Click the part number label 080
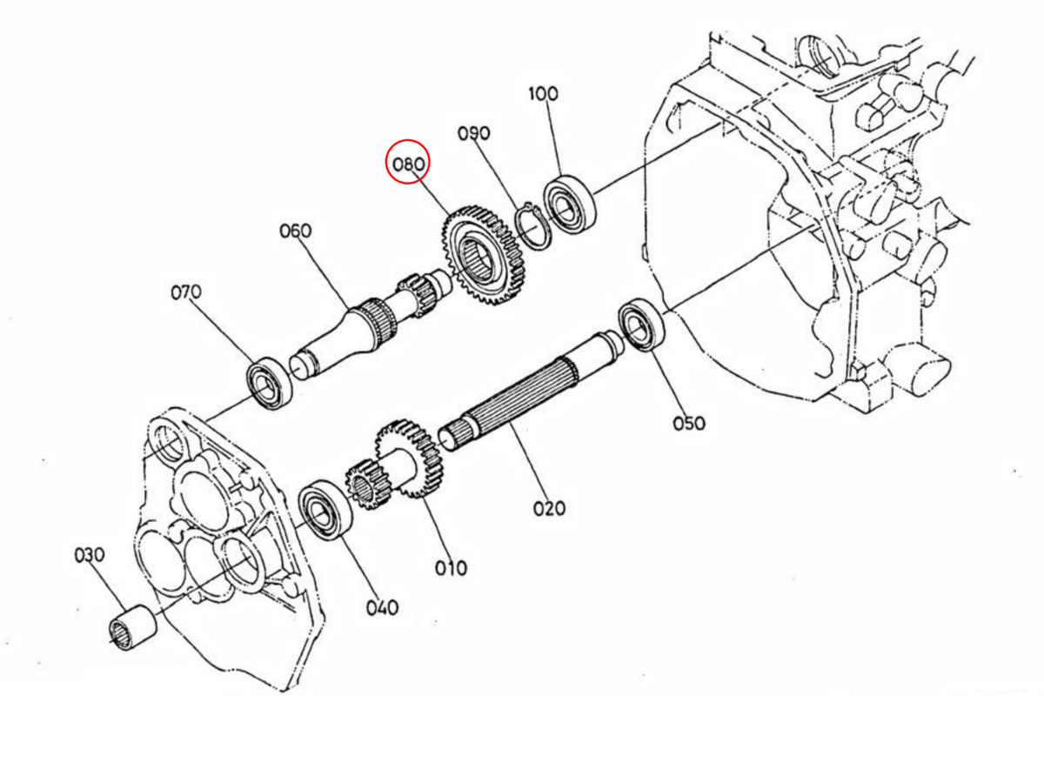pyautogui.click(x=408, y=163)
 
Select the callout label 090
pyautogui.click(x=474, y=133)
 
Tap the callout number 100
pyautogui.click(x=544, y=94)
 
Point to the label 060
pyautogui.click(x=295, y=231)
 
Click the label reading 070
pyautogui.click(x=185, y=291)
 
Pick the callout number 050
pyautogui.click(x=688, y=423)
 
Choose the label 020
pyautogui.click(x=549, y=507)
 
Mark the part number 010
pyautogui.click(x=451, y=568)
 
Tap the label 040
pyautogui.click(x=382, y=607)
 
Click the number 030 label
pyautogui.click(x=89, y=554)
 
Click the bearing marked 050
pyautogui.click(x=643, y=325)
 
